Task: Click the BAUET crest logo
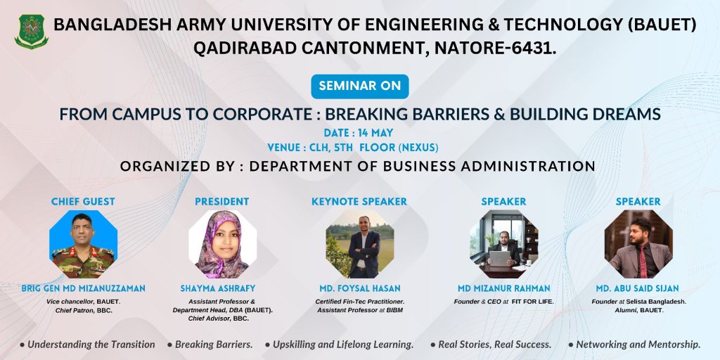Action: click(31, 31)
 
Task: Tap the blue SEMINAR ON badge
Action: click(360, 86)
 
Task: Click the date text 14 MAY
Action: click(375, 133)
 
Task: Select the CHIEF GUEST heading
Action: click(83, 202)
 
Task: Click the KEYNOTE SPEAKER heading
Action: click(359, 202)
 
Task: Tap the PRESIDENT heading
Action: click(221, 202)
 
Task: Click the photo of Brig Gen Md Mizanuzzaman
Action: click(83, 244)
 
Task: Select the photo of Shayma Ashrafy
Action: click(222, 244)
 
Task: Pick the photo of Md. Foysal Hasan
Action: click(360, 244)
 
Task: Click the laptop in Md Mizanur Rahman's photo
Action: click(500, 259)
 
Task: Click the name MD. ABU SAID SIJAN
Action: click(637, 288)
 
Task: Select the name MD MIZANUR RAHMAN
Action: click(503, 288)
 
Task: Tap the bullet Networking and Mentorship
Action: click(635, 345)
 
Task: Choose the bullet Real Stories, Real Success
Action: click(491, 345)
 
